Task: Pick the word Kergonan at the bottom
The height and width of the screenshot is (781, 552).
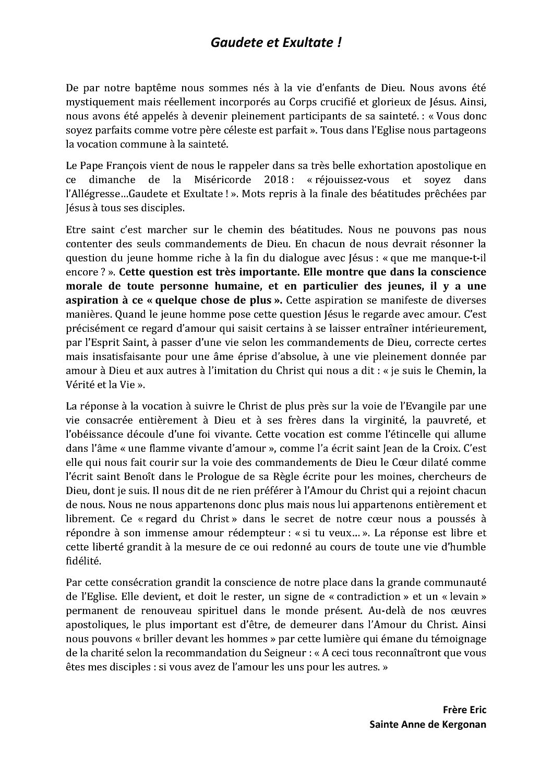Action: click(459, 724)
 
